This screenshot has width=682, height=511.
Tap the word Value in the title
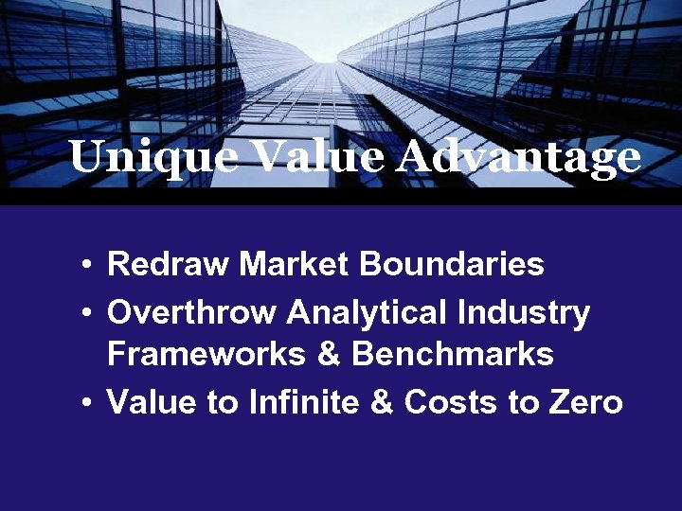tap(304, 156)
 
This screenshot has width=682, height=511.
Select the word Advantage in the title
tap(519, 158)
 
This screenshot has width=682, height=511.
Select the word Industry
tap(523, 311)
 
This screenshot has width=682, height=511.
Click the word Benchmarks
tap(453, 354)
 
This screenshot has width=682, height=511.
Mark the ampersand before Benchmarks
tap(328, 354)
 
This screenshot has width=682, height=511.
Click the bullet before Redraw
tap(86, 265)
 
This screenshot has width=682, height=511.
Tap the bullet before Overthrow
tap(86, 312)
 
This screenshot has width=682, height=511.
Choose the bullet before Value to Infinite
tap(86, 403)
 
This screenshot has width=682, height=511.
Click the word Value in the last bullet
tap(151, 402)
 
